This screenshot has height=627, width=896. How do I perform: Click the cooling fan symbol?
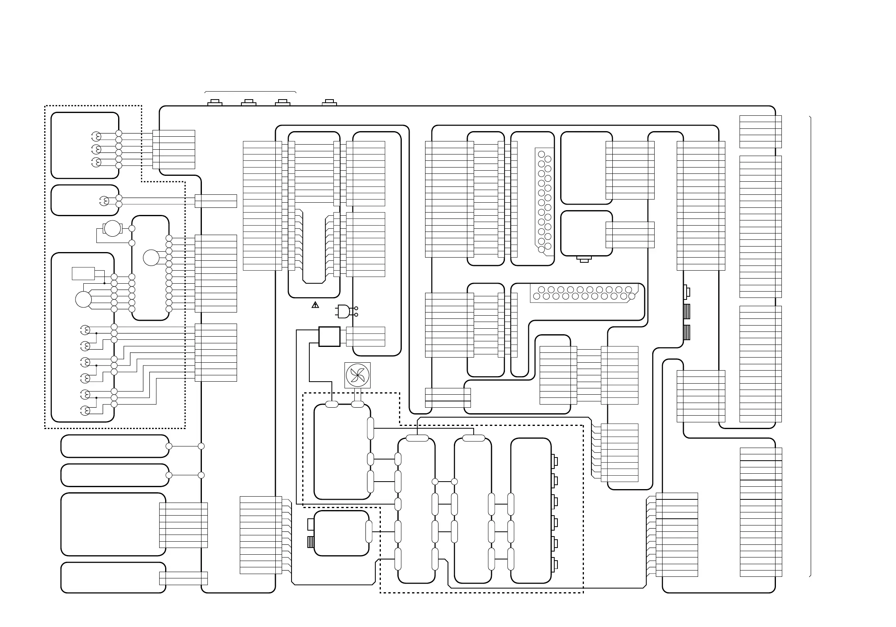pos(358,375)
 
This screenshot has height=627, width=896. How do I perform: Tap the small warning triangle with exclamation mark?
pos(315,305)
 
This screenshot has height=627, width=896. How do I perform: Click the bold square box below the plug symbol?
pos(329,337)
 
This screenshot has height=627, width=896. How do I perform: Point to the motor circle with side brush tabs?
pos(112,228)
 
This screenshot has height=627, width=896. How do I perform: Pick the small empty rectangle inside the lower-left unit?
pos(83,273)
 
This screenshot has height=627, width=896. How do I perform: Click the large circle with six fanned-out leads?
pos(83,299)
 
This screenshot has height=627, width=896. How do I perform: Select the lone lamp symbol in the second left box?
pos(104,201)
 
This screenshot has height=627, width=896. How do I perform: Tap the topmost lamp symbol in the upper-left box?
pos(96,136)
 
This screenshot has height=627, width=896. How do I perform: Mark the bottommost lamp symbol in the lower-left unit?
pos(85,411)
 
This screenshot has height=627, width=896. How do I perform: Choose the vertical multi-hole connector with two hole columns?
pos(544,200)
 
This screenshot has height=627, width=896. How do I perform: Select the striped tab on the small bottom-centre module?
pos(311,542)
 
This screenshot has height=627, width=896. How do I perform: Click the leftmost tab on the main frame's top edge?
pos(215,103)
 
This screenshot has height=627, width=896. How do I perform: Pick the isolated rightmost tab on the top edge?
pos(329,103)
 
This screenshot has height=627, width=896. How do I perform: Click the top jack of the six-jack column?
pos(555,461)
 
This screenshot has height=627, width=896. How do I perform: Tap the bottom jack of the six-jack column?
pos(555,565)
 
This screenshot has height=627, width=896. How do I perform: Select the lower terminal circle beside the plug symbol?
pos(356,315)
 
